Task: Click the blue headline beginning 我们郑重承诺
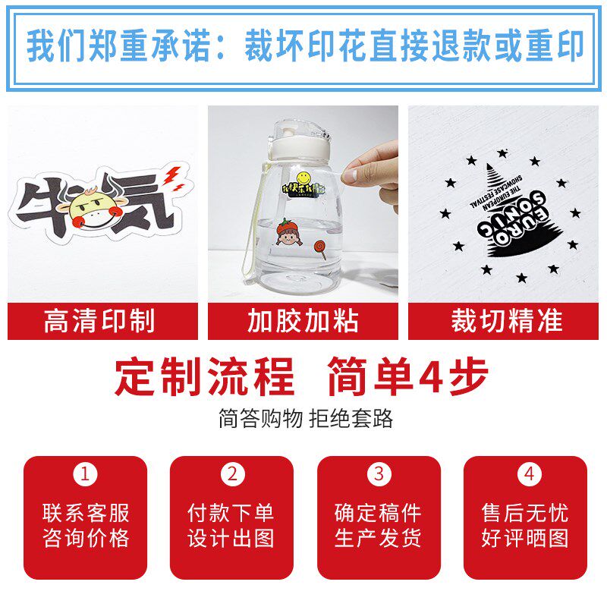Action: click(303, 47)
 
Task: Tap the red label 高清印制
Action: click(102, 321)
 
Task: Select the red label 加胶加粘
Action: click(303, 321)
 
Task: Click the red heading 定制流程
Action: click(204, 376)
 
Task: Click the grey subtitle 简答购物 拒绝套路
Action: click(303, 419)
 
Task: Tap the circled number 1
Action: click(86, 475)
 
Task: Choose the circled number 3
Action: click(379, 475)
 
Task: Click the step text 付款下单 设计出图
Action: click(231, 525)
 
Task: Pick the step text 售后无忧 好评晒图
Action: click(525, 525)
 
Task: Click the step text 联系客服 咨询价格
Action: click(86, 525)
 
